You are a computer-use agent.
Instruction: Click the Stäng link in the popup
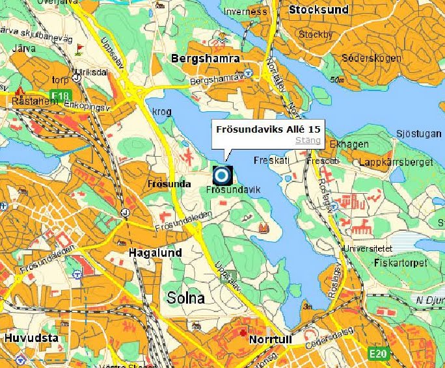[x=308, y=140]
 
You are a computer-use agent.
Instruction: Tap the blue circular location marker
[x=222, y=175]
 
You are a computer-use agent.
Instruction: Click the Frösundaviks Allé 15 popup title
[x=267, y=129]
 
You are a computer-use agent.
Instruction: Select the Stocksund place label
[x=319, y=10]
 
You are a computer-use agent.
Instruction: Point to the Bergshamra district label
[x=205, y=59]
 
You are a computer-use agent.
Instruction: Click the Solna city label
[x=185, y=298]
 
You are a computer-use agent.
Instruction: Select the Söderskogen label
[x=371, y=59]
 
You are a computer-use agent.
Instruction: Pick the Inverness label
[x=245, y=12]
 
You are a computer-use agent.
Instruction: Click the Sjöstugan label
[x=418, y=133]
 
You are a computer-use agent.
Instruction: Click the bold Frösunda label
[x=168, y=183]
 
